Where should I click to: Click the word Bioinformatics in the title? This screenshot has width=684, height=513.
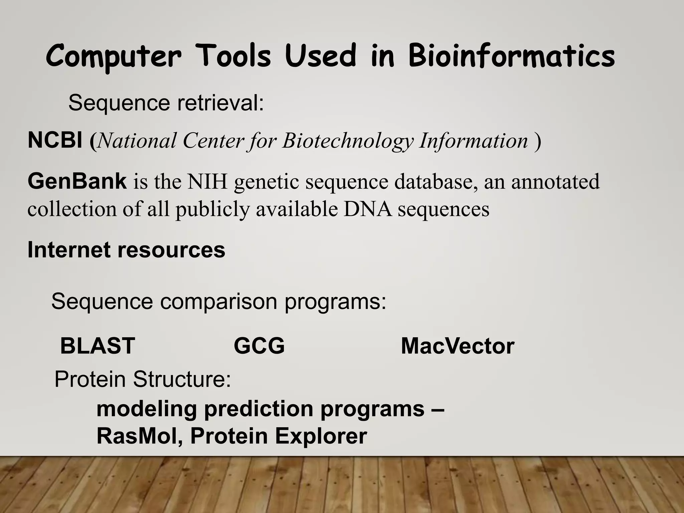[x=511, y=57]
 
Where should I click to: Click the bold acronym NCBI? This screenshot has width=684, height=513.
[x=55, y=140]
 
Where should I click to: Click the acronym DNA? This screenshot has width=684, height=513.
[x=367, y=209]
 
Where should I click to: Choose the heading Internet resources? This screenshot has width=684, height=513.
[x=126, y=250]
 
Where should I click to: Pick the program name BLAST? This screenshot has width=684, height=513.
[x=97, y=346]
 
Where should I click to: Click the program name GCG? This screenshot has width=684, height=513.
[x=259, y=346]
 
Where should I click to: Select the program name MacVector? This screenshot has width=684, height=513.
[x=457, y=346]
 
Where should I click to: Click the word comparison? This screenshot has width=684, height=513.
[x=218, y=301]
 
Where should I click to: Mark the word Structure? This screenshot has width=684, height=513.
[x=182, y=379]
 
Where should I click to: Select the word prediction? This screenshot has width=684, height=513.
[x=259, y=409]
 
